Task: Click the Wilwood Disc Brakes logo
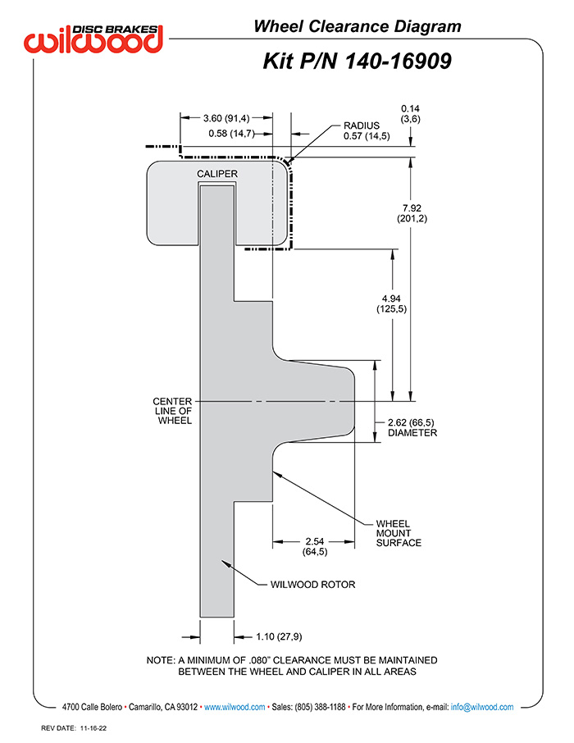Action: coord(93,38)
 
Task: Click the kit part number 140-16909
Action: coord(398,62)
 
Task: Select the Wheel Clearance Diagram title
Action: coord(358,26)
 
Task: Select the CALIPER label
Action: coord(217,174)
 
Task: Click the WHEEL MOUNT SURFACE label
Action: coord(399,533)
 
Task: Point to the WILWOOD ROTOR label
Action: coord(313,584)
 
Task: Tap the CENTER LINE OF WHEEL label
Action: coord(172,411)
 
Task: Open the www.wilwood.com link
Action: coord(235,707)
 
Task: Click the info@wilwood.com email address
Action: coord(482,707)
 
